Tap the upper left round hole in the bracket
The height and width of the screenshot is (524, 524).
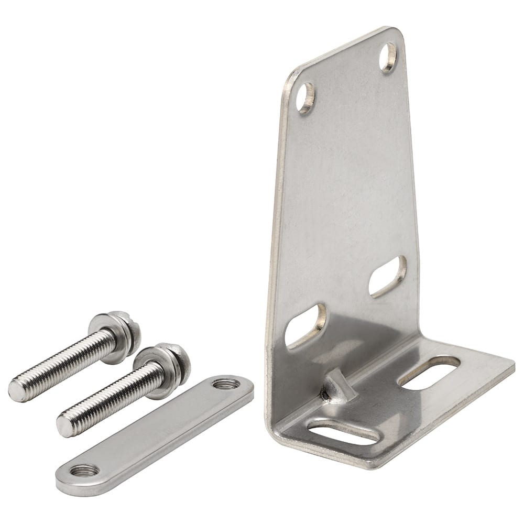pyautogui.click(x=305, y=97)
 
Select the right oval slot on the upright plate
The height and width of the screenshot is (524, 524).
pyautogui.click(x=387, y=276)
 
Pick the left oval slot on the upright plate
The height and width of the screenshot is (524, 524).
pyautogui.click(x=305, y=325)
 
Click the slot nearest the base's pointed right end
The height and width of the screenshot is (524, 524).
pyautogui.click(x=429, y=373)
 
